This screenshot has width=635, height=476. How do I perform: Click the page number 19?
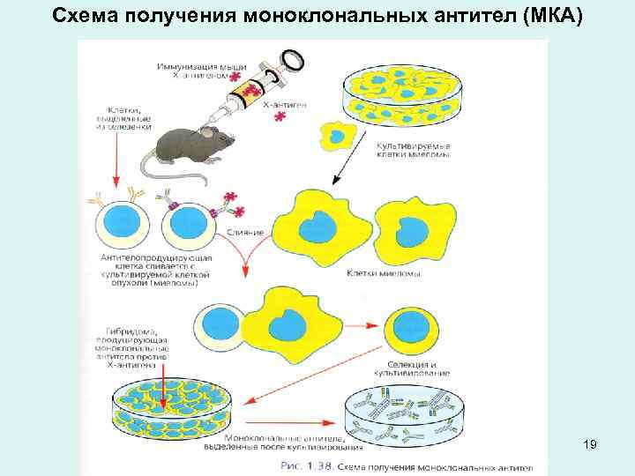click(x=590, y=445)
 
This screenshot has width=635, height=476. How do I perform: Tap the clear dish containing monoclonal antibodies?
click(x=400, y=409)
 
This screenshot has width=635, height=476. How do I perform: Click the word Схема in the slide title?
click(x=86, y=16)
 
